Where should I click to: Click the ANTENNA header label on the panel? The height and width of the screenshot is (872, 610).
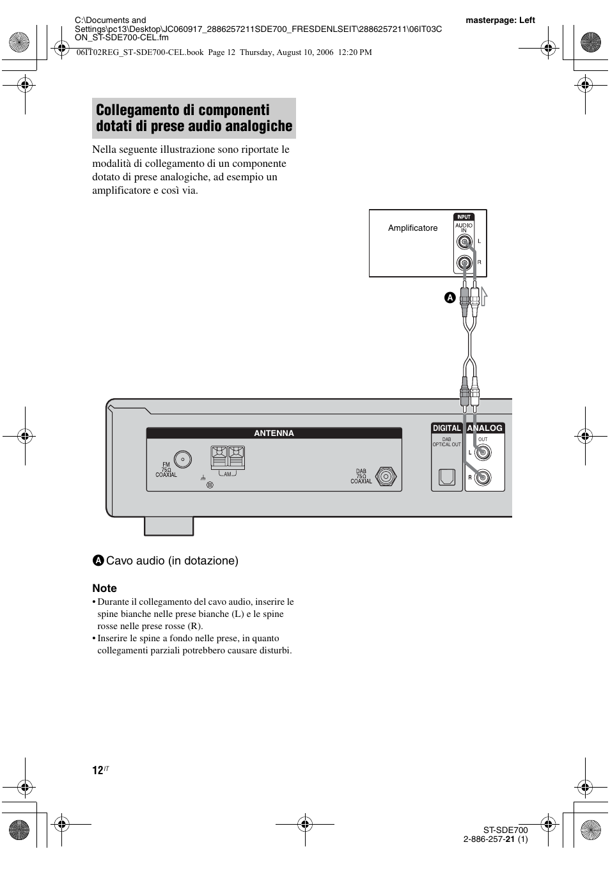coord(274,433)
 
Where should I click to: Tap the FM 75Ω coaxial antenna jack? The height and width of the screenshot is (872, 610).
coord(183,459)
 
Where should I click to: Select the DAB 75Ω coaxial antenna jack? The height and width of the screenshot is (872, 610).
coord(385,476)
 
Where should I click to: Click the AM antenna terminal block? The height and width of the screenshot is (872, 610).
coord(228,457)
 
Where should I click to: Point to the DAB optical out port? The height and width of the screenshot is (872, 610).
coord(446,478)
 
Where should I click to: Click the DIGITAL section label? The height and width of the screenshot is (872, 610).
coord(446,428)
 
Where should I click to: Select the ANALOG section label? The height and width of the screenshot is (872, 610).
coord(485,428)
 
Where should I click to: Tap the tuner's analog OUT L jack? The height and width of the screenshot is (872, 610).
coord(482,453)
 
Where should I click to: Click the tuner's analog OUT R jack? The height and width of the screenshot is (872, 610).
coord(482,477)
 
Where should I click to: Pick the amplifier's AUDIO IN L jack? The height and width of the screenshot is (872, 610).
coord(465,242)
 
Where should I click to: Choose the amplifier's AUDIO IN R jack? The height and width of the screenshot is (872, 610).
coord(465,263)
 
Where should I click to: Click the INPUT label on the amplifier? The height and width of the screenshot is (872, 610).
coord(464,217)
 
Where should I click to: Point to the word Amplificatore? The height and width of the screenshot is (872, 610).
coord(412,228)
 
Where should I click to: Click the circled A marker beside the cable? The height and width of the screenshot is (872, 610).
coord(450,298)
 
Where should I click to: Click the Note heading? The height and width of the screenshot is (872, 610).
coord(104,588)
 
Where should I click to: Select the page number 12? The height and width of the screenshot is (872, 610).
coord(97,770)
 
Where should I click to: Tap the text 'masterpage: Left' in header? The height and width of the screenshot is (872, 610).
coord(500,20)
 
